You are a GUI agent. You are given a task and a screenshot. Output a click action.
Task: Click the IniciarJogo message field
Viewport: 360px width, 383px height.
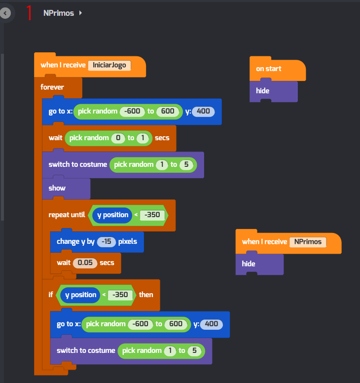[x=109, y=65]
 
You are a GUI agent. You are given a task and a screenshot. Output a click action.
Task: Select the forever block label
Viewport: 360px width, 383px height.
[x=52, y=87]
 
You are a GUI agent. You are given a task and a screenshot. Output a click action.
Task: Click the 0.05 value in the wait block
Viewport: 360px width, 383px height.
[x=85, y=263]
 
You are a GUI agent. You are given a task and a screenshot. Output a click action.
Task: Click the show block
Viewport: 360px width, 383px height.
[x=57, y=188]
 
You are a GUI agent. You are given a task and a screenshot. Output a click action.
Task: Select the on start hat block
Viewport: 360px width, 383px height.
[x=269, y=69]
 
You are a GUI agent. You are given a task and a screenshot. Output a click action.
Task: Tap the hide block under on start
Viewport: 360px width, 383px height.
[x=263, y=91]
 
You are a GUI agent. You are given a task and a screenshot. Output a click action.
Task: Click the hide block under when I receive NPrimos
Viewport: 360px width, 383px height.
[x=249, y=264]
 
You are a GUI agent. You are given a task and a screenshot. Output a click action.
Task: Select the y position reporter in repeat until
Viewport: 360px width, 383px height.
[x=113, y=215]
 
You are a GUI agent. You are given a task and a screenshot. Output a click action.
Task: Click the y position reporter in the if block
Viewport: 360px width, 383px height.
[x=81, y=295]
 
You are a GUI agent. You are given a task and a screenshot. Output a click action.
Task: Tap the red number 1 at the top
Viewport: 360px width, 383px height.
[x=29, y=13]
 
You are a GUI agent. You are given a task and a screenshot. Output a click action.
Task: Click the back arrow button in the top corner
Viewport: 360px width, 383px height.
[x=5, y=13]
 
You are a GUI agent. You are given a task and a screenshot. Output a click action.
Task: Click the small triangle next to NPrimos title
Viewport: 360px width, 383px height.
[x=81, y=13]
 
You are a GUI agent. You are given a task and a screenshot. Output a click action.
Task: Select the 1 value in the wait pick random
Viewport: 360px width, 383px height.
[x=143, y=138]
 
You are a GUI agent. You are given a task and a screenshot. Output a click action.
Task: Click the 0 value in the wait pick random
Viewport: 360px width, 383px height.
[x=118, y=138]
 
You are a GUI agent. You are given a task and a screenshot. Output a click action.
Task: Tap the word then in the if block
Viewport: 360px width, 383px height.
[x=146, y=295]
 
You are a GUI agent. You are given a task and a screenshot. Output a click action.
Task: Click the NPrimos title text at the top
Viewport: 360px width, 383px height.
[x=59, y=13]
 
